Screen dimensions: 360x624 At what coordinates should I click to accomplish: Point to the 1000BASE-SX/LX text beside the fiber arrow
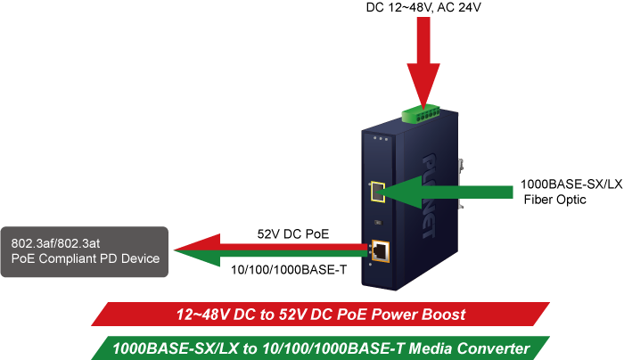[x=571, y=185]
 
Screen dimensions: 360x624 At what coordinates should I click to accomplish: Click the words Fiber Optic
[x=554, y=200]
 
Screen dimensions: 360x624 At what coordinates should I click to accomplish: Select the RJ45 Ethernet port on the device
[x=380, y=250]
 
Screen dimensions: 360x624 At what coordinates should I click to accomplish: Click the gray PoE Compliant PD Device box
[x=84, y=251]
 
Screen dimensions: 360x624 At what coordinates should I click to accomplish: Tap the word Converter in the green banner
[x=495, y=347]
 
